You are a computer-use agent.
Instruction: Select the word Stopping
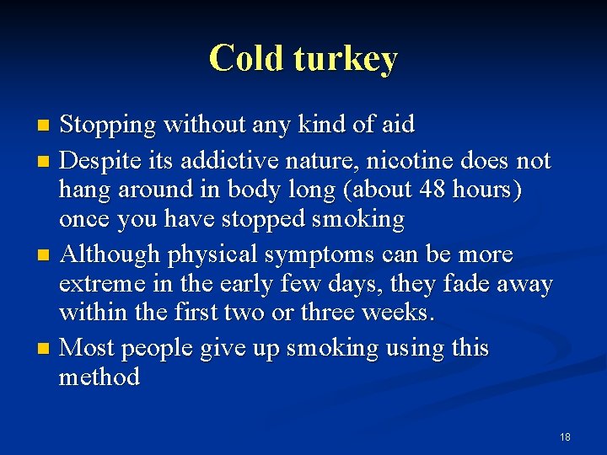click(109, 126)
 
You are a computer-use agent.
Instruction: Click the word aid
click(396, 126)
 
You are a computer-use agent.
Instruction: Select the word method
click(99, 377)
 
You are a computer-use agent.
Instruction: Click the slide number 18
click(565, 436)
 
